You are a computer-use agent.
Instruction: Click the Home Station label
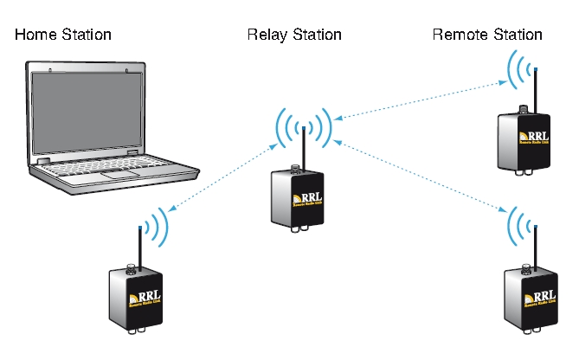tap(62, 35)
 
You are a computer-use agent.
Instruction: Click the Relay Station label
tap(294, 35)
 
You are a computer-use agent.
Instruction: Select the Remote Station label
tap(486, 35)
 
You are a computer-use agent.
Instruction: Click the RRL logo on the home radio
tap(146, 297)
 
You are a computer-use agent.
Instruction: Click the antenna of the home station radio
tap(139, 247)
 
